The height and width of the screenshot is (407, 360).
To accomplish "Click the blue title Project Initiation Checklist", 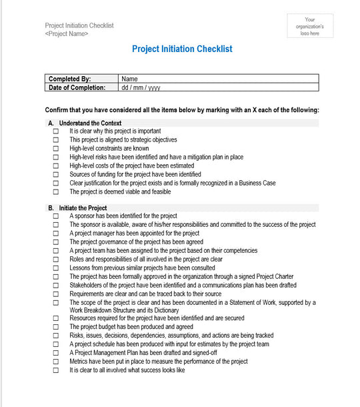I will point(182,49).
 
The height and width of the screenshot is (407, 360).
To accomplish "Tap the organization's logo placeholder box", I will point(310,27).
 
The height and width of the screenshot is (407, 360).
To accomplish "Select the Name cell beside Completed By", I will point(129,79).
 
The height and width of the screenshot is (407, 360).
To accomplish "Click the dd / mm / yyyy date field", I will point(140,87).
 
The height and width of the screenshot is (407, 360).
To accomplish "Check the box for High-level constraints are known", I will point(56,149).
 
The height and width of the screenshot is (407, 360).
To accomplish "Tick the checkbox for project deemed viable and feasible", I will point(56,192).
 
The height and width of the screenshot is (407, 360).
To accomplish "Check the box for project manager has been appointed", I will point(56,234).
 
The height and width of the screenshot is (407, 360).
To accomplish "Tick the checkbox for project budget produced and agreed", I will point(56,328).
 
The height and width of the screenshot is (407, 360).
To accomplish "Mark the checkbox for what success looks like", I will point(56,370).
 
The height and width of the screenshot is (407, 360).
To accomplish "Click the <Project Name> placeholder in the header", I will point(67,33).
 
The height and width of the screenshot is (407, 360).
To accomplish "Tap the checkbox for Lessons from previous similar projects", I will point(56,268).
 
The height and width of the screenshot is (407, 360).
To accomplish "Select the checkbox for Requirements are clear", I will point(56,294).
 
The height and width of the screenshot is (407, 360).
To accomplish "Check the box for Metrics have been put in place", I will point(56,362).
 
